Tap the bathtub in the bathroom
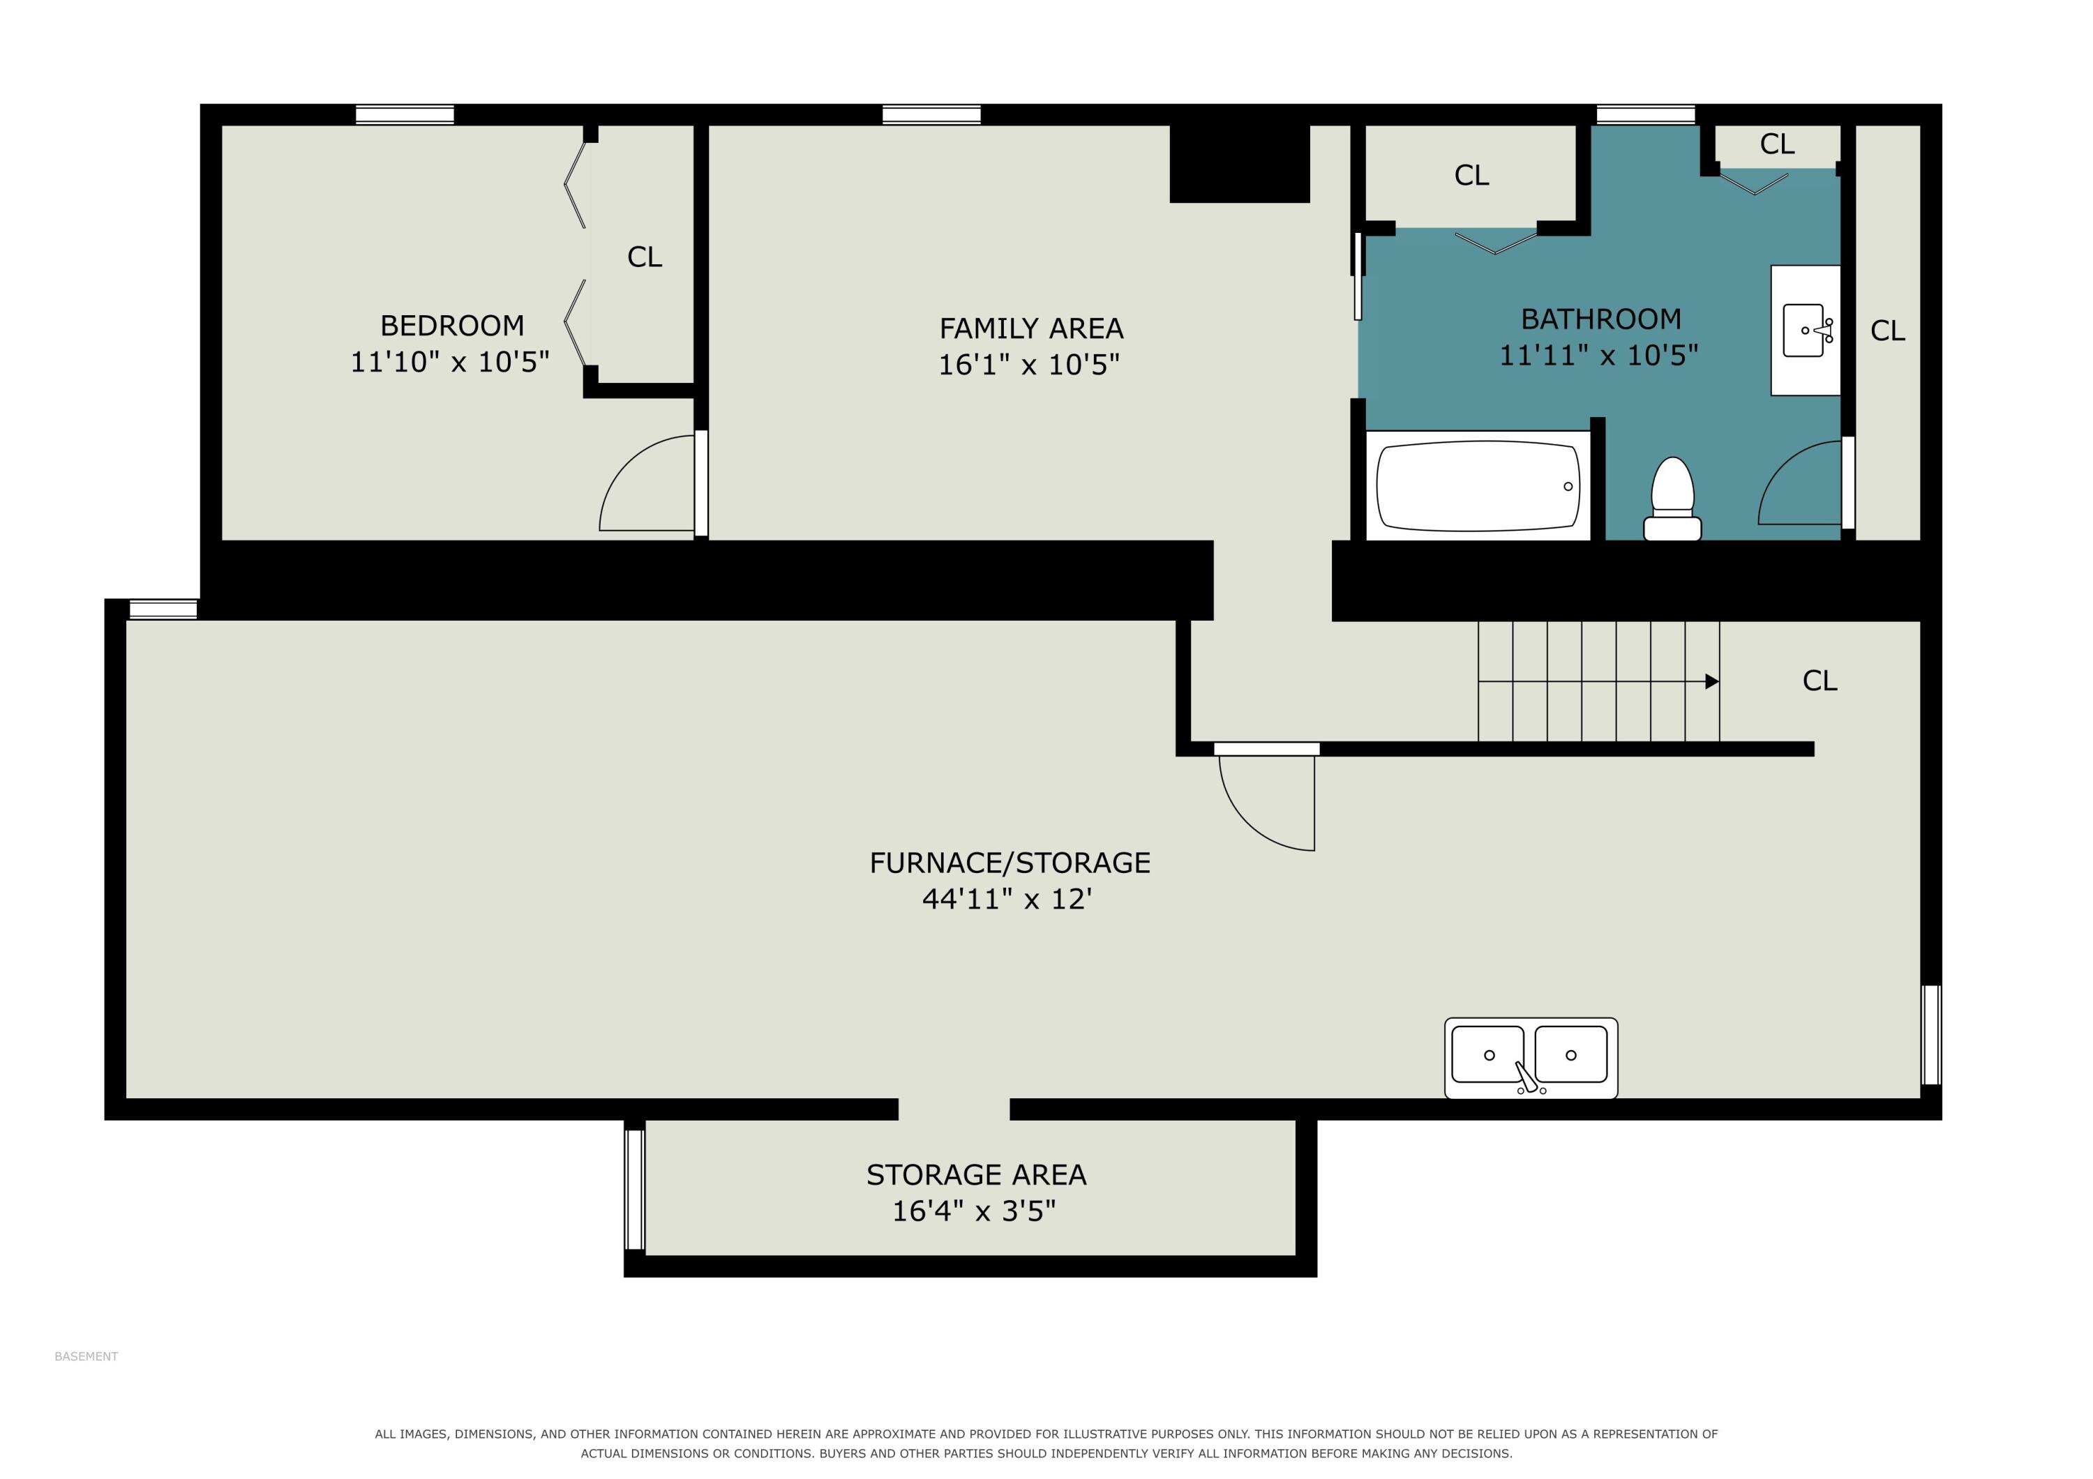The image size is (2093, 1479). coord(1478,486)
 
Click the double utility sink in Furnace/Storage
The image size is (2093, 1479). coord(1531,1058)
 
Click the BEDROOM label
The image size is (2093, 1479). coord(452,326)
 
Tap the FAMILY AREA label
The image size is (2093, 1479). coord(1031,328)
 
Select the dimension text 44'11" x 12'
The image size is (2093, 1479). coord(1007,899)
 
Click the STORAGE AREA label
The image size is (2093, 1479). coord(976,1175)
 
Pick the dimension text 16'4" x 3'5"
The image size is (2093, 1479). coord(973,1211)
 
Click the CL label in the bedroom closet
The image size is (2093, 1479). coord(645,257)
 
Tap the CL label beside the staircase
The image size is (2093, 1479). coord(1820,681)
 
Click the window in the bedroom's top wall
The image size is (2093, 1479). coord(405,115)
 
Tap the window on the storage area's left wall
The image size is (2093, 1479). coord(634,1189)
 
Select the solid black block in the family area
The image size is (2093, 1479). coord(1240,164)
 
